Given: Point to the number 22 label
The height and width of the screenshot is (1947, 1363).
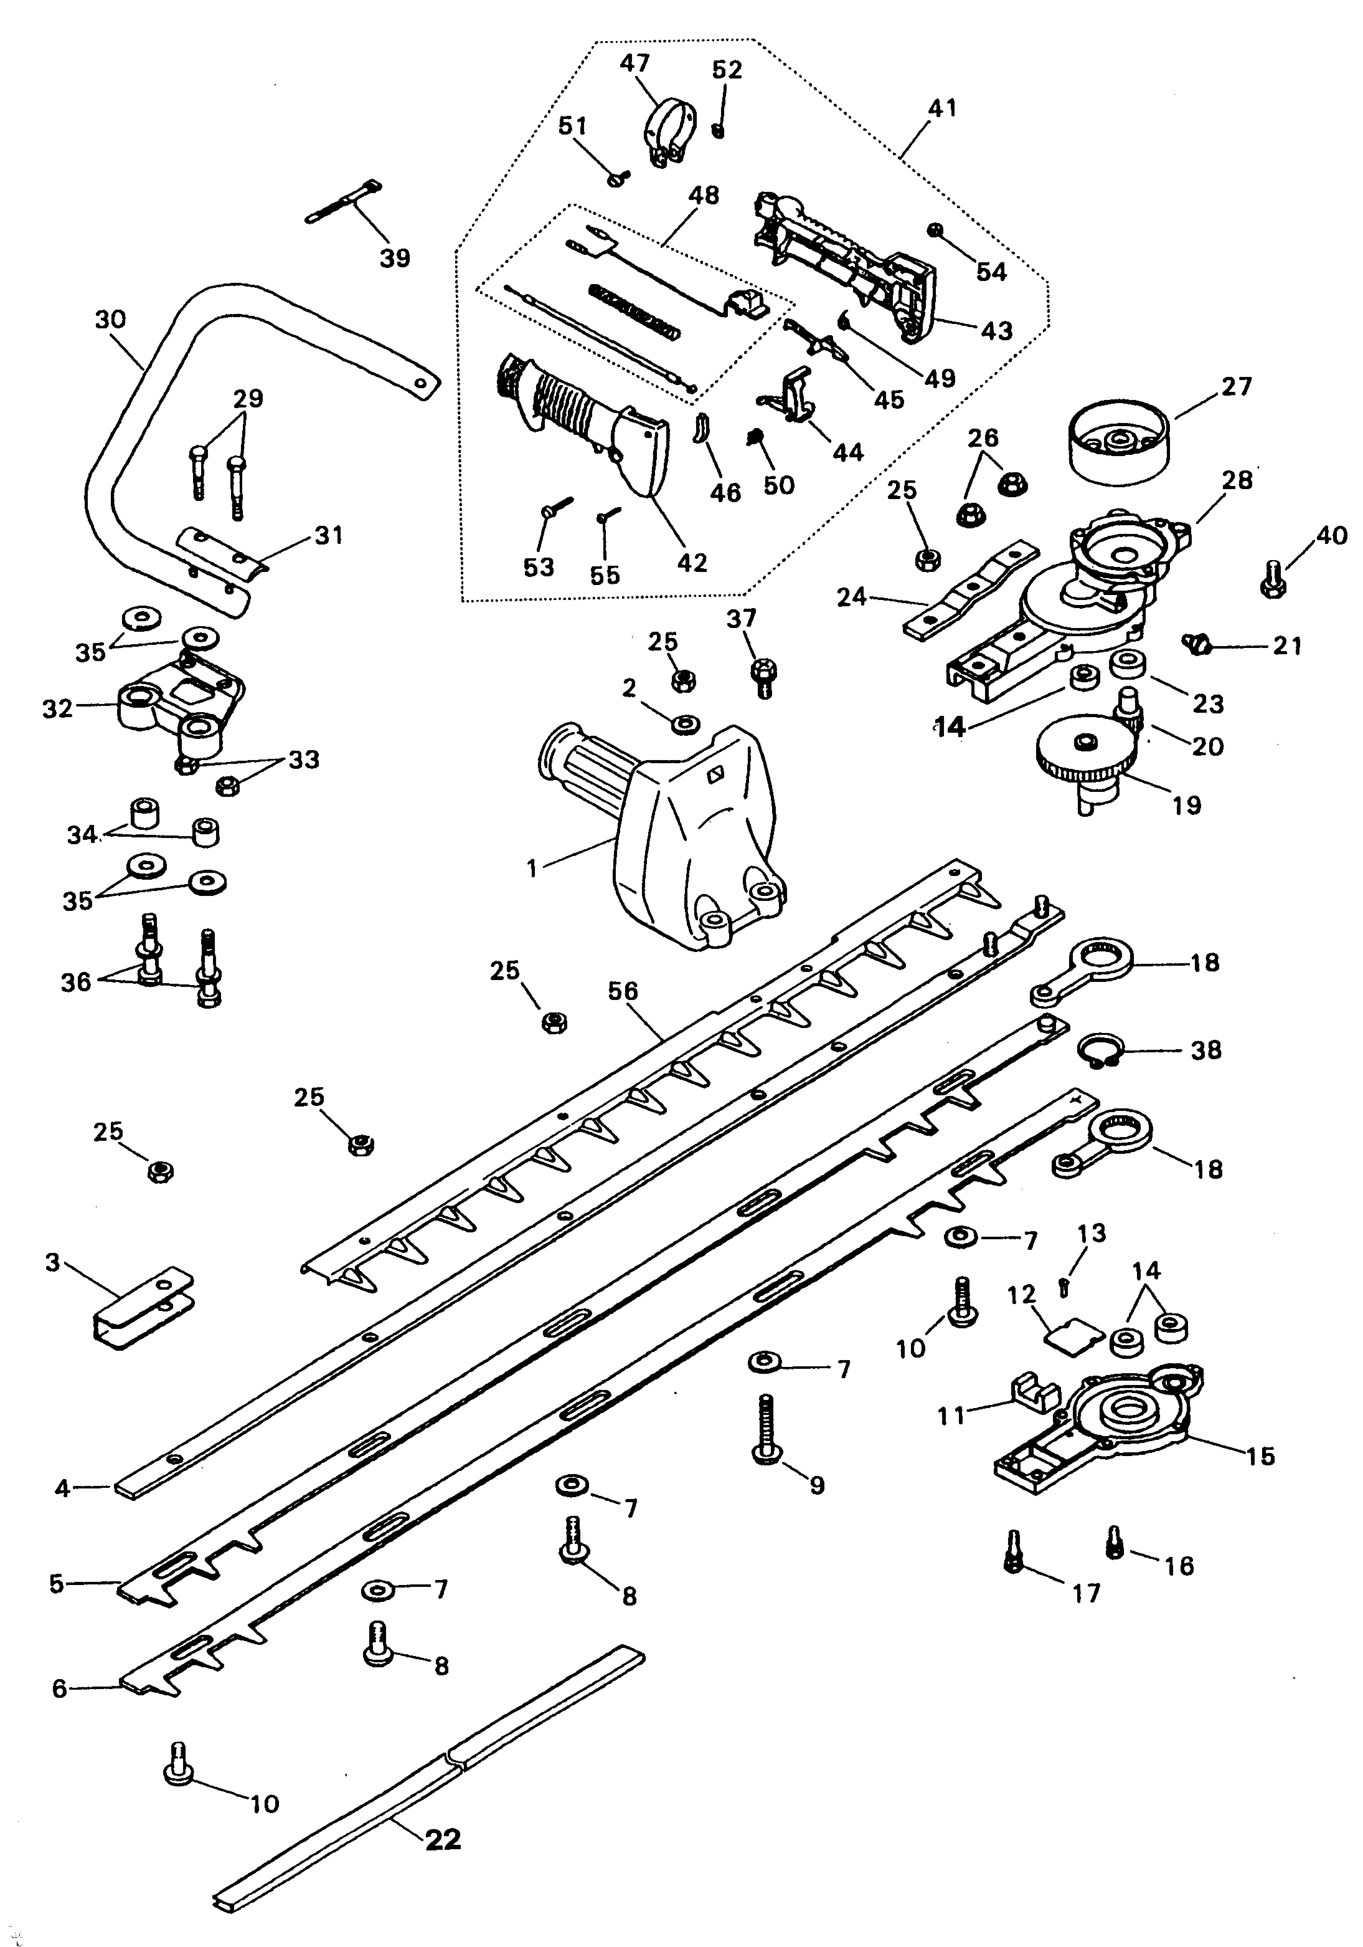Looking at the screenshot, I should [442, 1840].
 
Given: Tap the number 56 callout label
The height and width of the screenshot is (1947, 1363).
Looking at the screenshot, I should [623, 990].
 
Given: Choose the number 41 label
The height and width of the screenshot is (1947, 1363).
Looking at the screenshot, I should [943, 108].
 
